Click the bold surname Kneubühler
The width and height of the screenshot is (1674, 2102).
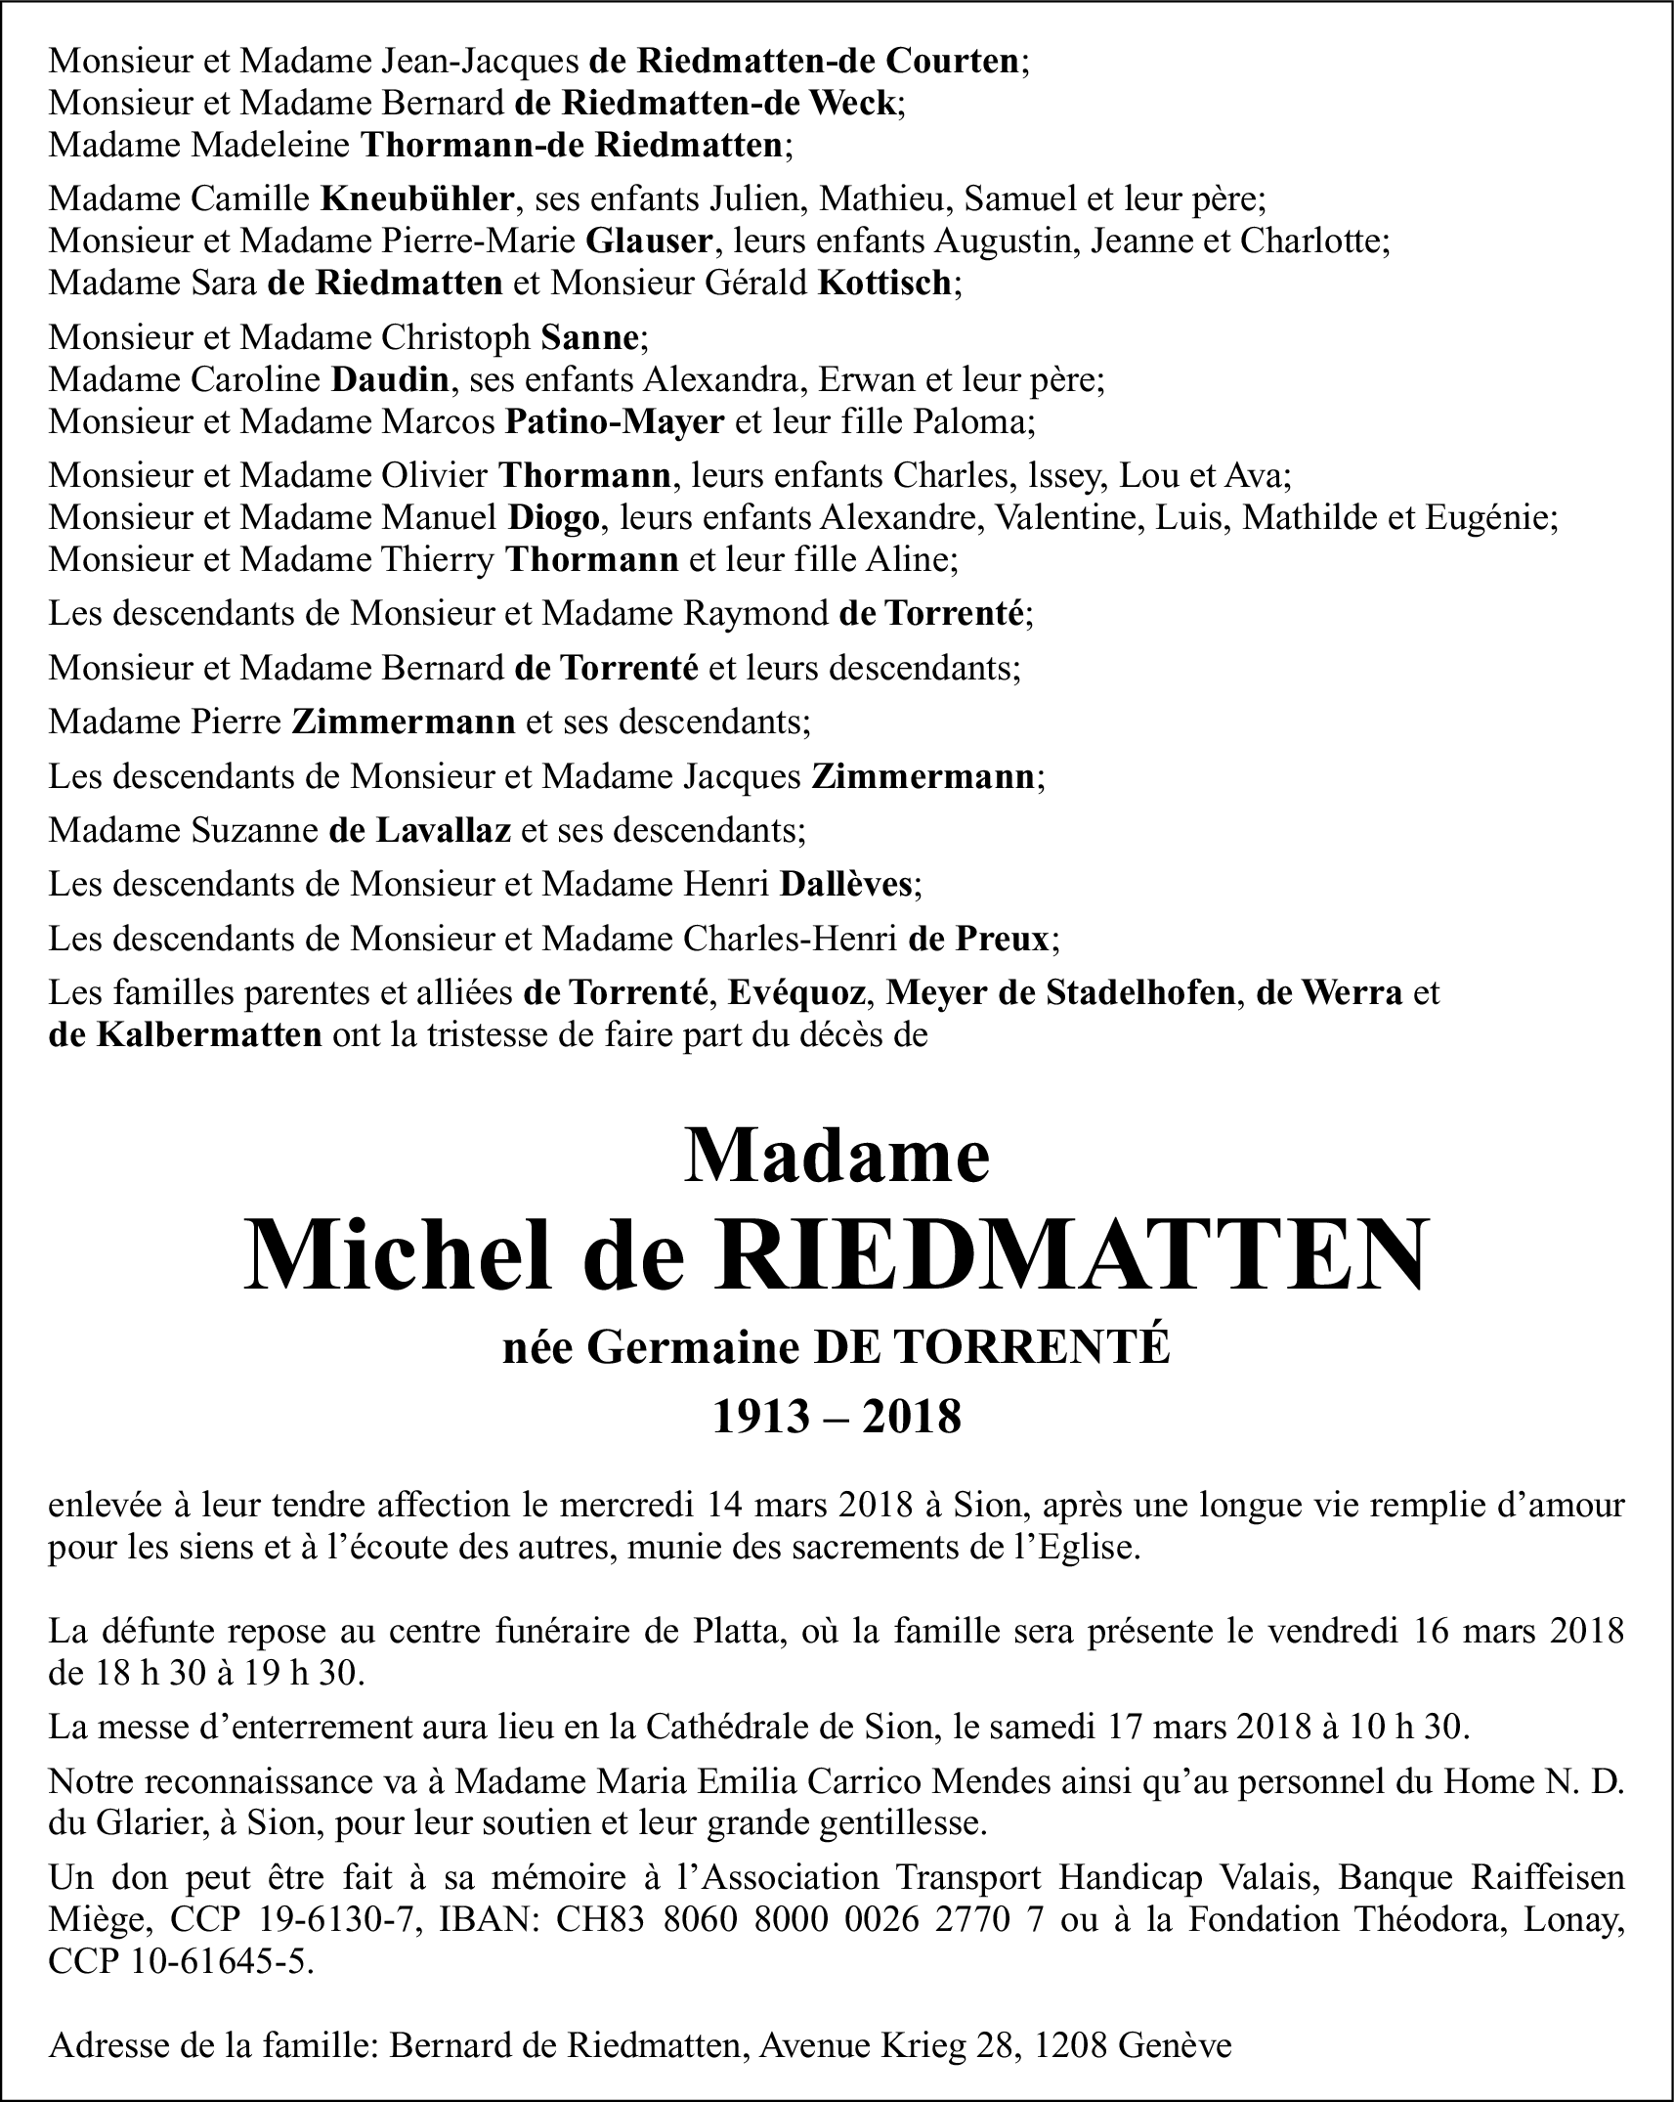(417, 199)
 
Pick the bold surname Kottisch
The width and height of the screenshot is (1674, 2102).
(884, 283)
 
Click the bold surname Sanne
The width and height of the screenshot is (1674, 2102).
(589, 337)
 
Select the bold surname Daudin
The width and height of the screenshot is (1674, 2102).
(390, 378)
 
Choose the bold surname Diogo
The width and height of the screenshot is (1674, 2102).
(552, 516)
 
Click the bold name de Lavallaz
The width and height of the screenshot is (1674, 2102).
(420, 830)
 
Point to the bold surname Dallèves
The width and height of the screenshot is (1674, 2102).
(845, 885)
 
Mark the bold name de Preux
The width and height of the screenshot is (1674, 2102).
(978, 939)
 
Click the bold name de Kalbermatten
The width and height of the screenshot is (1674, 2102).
(185, 1034)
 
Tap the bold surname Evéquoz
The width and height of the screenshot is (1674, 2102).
(798, 993)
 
